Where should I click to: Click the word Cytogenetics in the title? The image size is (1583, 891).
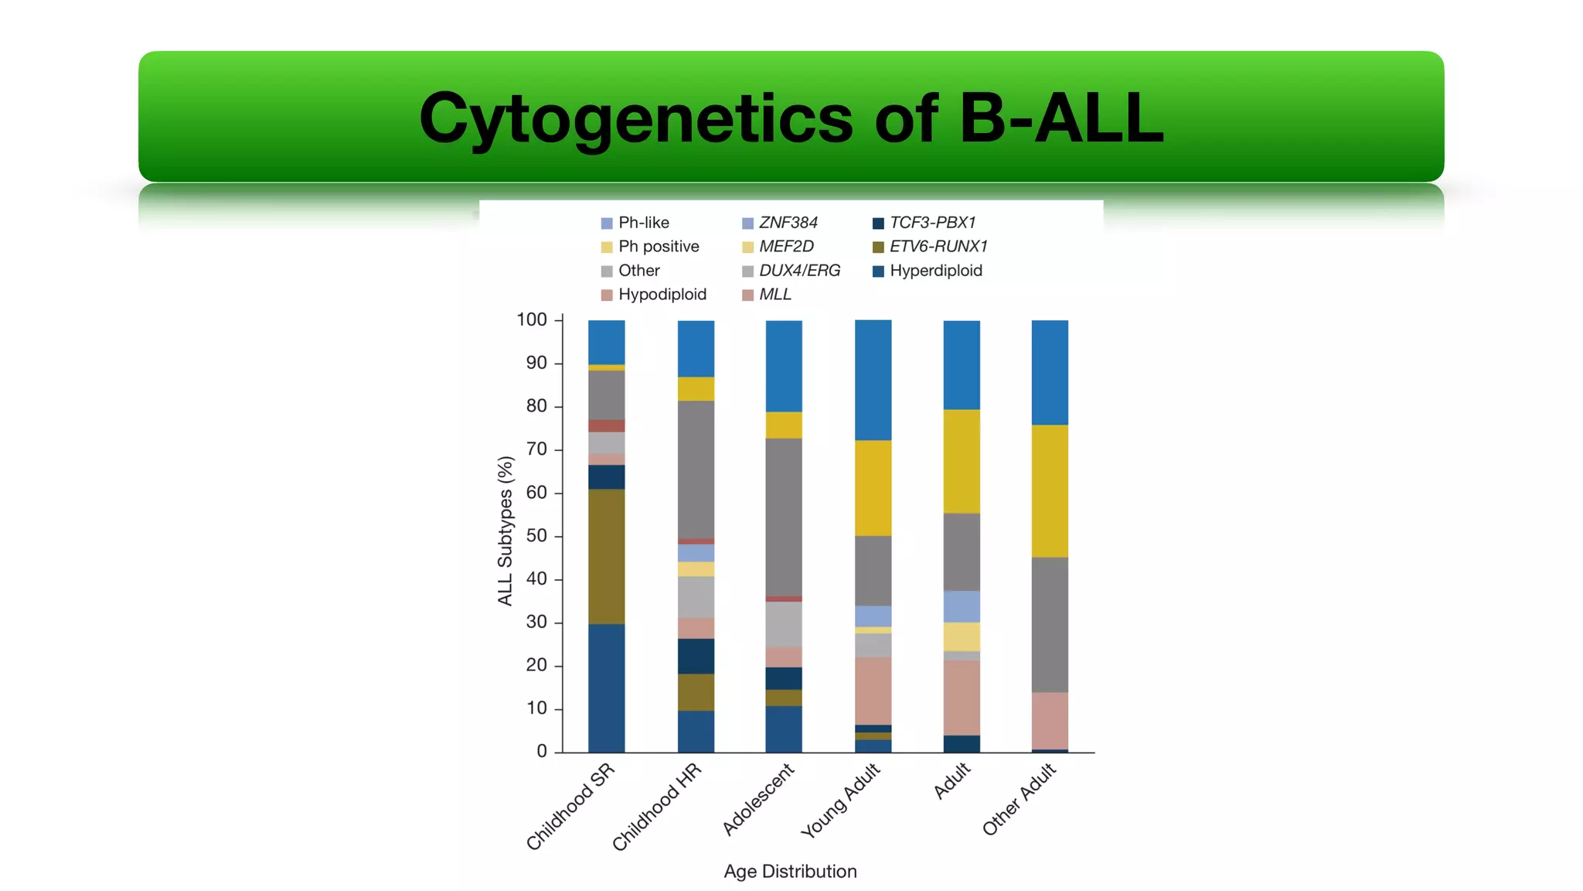point(635,118)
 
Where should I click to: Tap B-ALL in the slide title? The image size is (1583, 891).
point(1061,118)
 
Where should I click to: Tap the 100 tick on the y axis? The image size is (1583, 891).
point(532,320)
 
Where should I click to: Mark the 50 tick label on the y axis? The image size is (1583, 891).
point(536,536)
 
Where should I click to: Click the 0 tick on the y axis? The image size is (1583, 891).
point(542,751)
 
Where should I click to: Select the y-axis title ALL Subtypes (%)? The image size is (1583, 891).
point(506,531)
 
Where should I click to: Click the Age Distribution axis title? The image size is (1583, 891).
point(790,872)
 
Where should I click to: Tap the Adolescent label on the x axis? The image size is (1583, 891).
point(758,799)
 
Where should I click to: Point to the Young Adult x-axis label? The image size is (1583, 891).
point(840,801)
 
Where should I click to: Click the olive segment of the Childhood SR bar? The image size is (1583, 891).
point(607,556)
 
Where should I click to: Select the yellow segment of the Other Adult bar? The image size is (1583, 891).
point(1050,491)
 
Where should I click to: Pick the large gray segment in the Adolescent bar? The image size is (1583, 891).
point(784,517)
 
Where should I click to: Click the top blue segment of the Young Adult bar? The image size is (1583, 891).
point(873,380)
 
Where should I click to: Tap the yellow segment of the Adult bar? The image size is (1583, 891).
point(962,461)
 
